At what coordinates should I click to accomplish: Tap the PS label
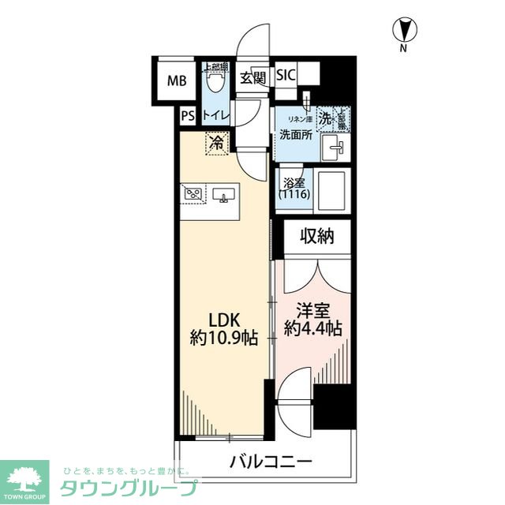[187, 116]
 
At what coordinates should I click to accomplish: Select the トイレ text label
[215, 116]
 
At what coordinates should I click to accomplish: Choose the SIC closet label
[285, 76]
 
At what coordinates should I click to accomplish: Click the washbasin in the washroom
[335, 144]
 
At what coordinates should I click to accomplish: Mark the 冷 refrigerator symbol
[216, 144]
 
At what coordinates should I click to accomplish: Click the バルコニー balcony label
[271, 460]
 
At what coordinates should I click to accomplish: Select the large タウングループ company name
[130, 488]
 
